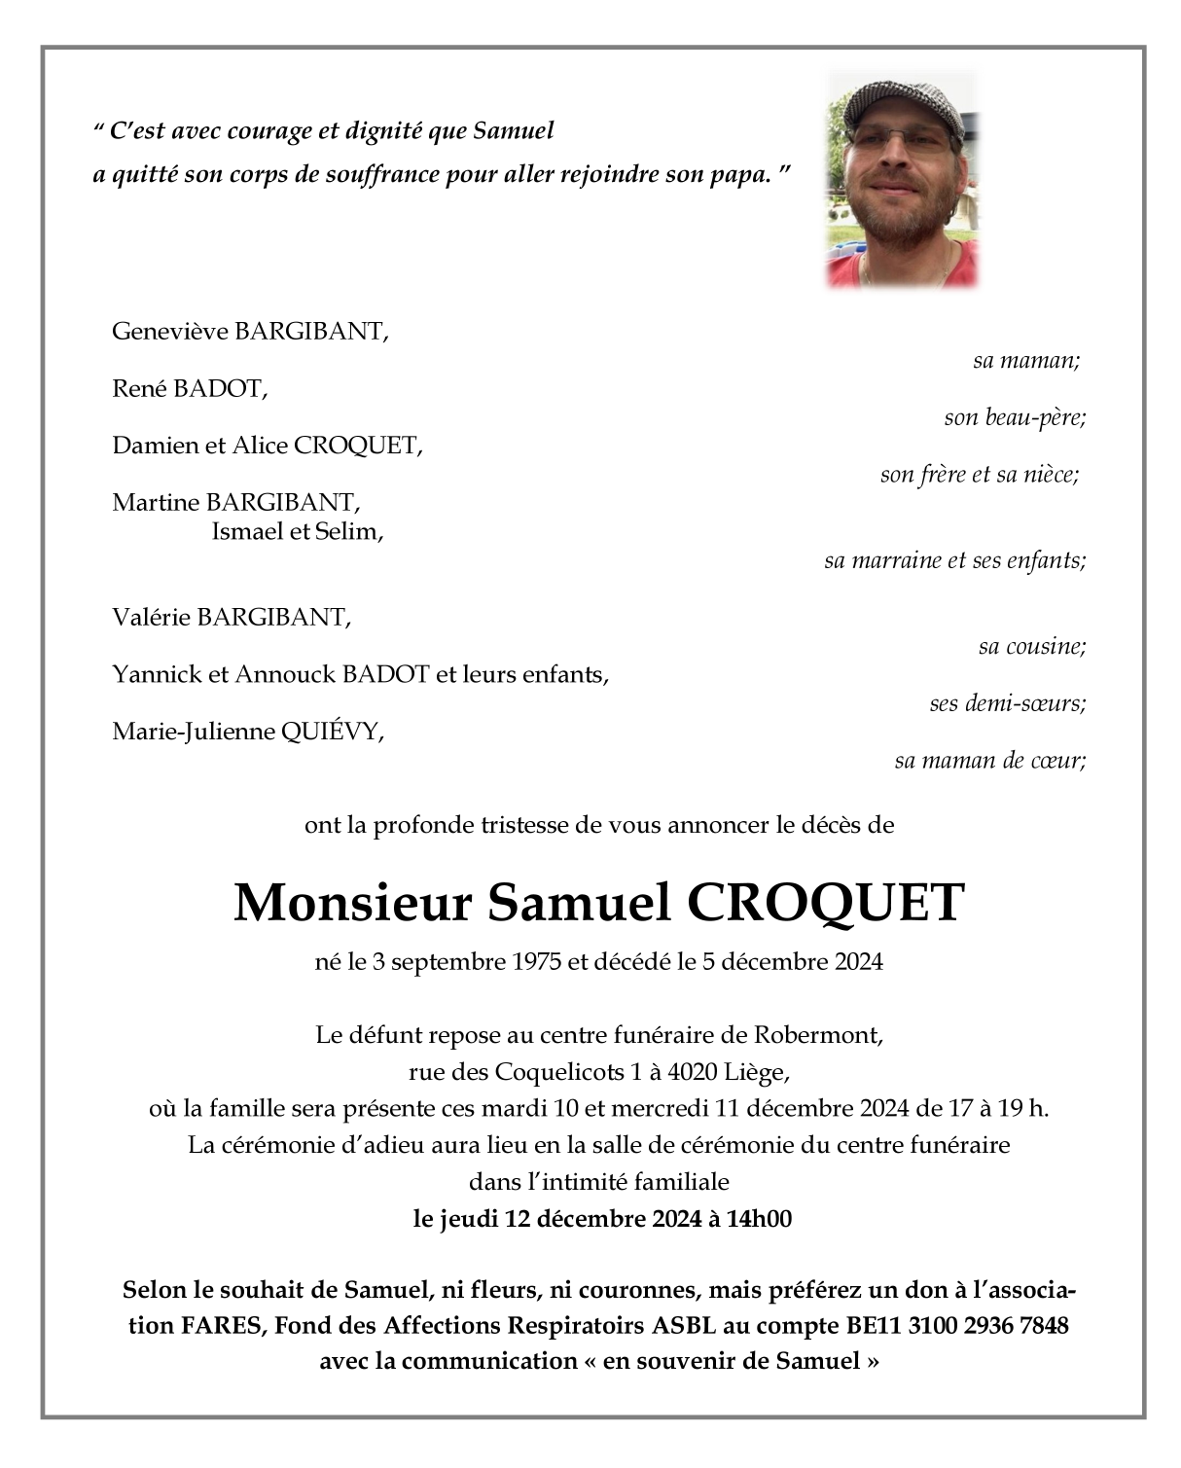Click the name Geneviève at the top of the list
coord(170,331)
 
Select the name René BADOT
coord(190,389)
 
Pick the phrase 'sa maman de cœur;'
coord(989,761)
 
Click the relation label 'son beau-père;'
coord(1014,418)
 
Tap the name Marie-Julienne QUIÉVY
coord(248,733)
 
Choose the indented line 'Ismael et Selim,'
coord(297,532)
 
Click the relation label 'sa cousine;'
coord(1031,646)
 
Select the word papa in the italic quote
coord(736,175)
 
